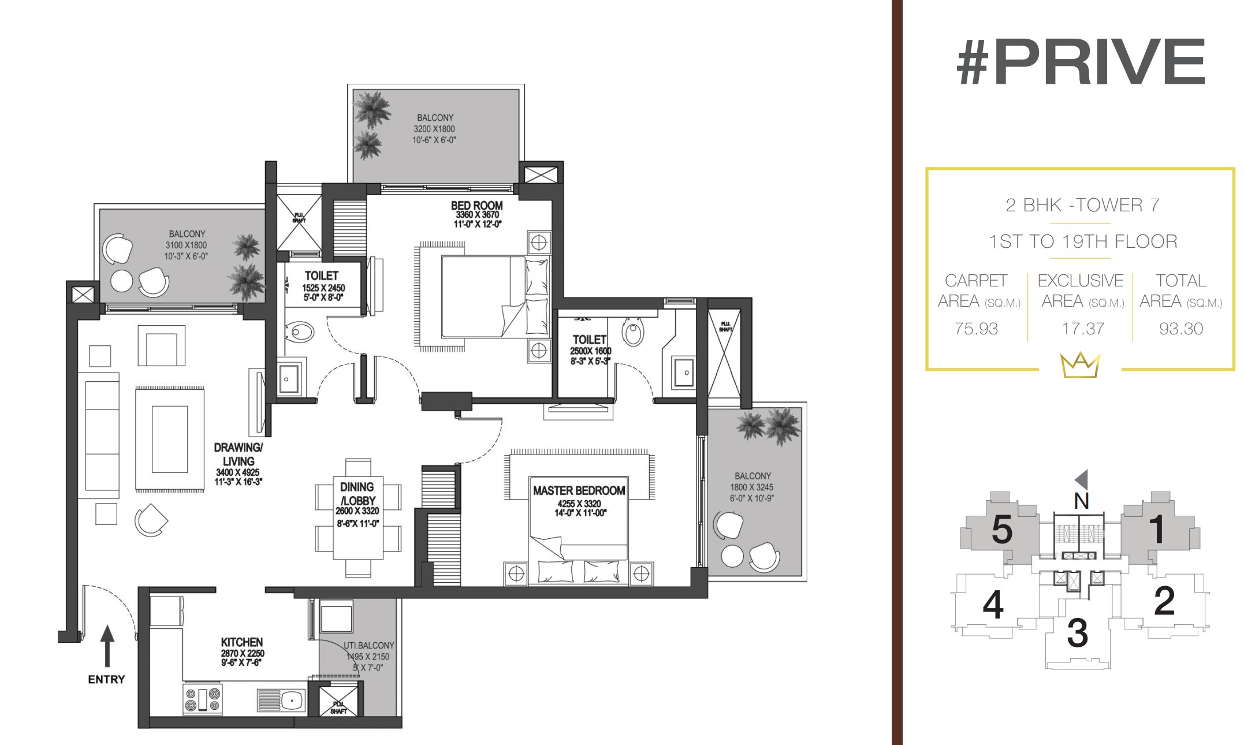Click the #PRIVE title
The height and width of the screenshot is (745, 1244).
click(x=1081, y=61)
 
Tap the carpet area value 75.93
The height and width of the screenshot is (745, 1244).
click(x=976, y=329)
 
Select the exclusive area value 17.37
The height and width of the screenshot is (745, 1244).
click(x=1083, y=329)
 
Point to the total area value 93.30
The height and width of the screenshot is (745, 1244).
click(x=1181, y=329)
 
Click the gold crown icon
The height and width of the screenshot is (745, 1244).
click(x=1080, y=365)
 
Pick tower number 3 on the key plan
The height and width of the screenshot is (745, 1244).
click(x=1078, y=633)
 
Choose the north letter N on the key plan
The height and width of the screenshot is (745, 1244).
click(x=1082, y=501)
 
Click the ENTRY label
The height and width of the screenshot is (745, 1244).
click(x=106, y=680)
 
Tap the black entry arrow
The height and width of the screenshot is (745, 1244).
click(x=107, y=646)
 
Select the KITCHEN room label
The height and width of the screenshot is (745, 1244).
click(x=242, y=642)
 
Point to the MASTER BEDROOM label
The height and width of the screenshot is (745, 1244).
click(x=579, y=491)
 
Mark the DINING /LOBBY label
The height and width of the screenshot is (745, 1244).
click(x=357, y=494)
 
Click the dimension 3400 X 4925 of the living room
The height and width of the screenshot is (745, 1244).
click(x=238, y=472)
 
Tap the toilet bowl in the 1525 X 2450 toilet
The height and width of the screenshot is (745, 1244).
click(x=300, y=332)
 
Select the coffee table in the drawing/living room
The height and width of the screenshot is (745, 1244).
click(x=170, y=439)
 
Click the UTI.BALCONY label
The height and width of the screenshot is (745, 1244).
click(x=369, y=645)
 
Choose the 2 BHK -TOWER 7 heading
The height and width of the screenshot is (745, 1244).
click(x=1083, y=205)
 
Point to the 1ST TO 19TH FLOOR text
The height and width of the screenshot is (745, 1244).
click(x=1083, y=241)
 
